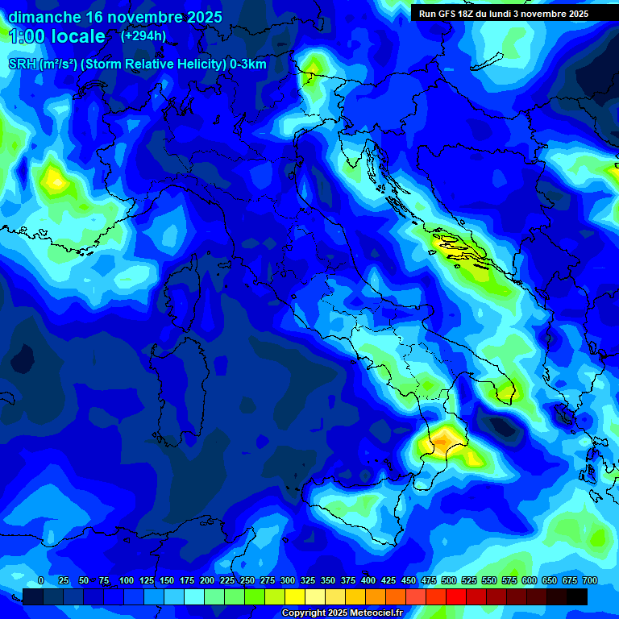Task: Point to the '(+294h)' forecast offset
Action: (143, 35)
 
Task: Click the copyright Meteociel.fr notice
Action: (342, 613)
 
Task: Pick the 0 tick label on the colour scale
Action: (40, 580)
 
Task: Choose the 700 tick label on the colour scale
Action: (589, 580)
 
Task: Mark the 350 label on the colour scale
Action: (328, 580)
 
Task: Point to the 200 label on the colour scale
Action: (207, 580)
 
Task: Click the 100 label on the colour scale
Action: (127, 580)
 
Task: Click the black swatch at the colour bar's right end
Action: (577, 596)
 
